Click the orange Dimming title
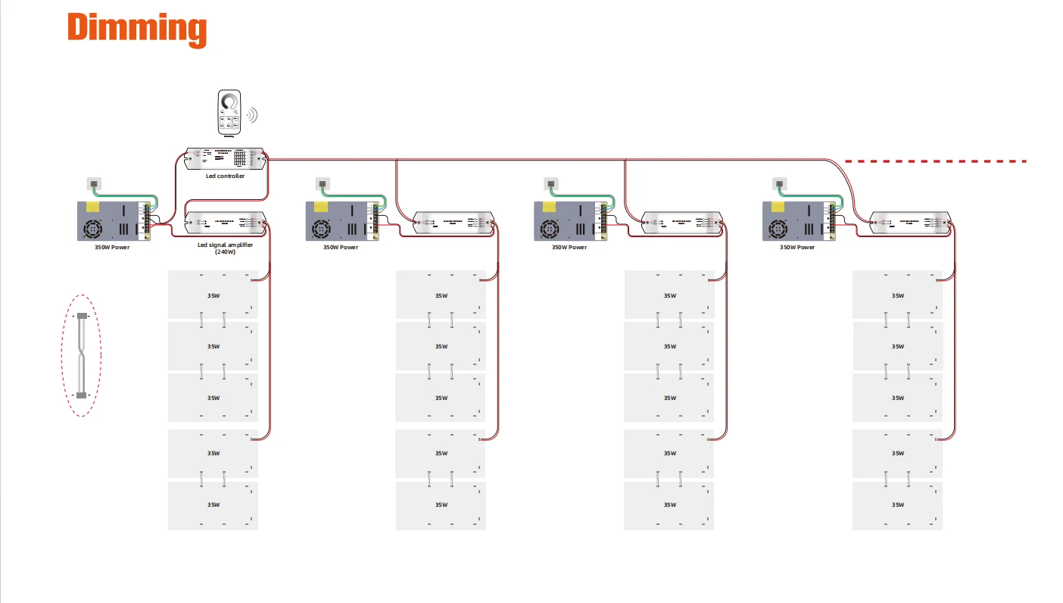137,29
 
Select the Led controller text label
226,177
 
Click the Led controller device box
226,158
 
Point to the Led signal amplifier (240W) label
226,248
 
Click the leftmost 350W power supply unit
114,221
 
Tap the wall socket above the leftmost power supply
94,183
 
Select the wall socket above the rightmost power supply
779,183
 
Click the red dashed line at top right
936,161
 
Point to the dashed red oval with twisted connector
81,355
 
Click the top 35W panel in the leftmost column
213,295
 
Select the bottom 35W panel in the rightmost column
897,505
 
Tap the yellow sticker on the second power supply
320,207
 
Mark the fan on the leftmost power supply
95,229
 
